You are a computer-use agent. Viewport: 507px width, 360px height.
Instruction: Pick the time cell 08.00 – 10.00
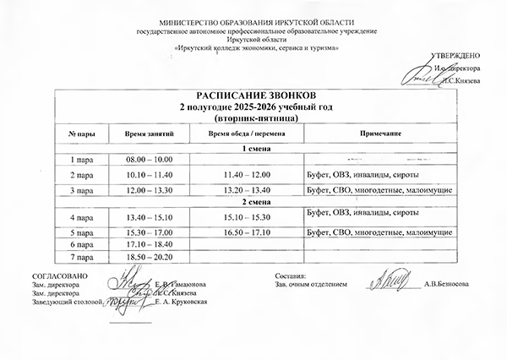pyautogui.click(x=149, y=160)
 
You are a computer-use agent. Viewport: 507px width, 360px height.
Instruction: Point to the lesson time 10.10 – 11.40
pyautogui.click(x=149, y=175)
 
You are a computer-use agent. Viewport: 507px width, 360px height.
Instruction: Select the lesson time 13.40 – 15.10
pyautogui.click(x=149, y=217)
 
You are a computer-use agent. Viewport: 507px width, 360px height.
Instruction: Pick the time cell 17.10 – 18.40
pyautogui.click(x=149, y=243)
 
